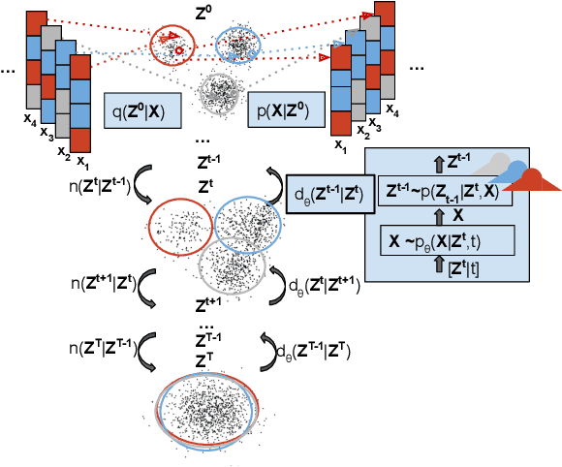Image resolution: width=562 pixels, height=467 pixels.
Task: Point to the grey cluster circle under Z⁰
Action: click(225, 94)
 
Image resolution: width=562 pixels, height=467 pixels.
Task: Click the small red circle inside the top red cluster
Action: click(180, 50)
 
